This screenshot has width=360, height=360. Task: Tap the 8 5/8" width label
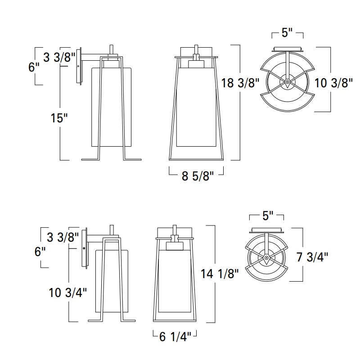click(x=196, y=176)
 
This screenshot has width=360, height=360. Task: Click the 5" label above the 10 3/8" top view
click(x=288, y=34)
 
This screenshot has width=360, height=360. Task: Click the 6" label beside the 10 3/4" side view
click(x=40, y=251)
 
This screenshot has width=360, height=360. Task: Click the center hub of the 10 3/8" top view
click(x=287, y=82)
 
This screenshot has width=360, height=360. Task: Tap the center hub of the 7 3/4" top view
click(x=267, y=258)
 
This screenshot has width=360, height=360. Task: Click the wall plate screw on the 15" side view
click(x=79, y=66)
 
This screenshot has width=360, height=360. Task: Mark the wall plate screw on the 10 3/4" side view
click(x=84, y=248)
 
